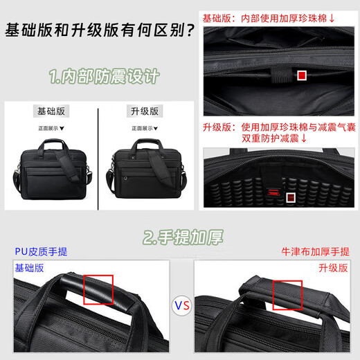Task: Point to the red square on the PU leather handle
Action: click(98, 289)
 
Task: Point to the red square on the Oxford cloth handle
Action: click(287, 295)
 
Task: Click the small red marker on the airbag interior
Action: click(292, 198)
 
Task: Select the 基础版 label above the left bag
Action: click(52, 111)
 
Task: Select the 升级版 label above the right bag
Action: click(145, 111)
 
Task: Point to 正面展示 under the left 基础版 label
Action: click(51, 127)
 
